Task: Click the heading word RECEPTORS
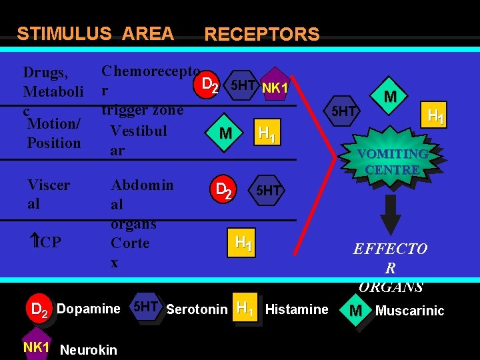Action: [x=261, y=34]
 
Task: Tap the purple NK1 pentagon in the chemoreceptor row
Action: [x=274, y=87]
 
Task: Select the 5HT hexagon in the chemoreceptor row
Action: [x=241, y=86]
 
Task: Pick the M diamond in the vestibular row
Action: [x=226, y=134]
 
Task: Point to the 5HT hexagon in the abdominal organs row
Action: [x=268, y=191]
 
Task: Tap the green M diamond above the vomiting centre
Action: [x=390, y=97]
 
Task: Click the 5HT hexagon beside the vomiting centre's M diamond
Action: [x=344, y=111]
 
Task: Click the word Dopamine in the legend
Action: [x=88, y=309]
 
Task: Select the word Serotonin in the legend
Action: [x=197, y=309]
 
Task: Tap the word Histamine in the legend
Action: [x=297, y=309]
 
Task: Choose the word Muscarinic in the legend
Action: [x=409, y=311]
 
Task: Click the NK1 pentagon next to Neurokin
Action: [x=36, y=347]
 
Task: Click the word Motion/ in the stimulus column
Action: [x=54, y=123]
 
